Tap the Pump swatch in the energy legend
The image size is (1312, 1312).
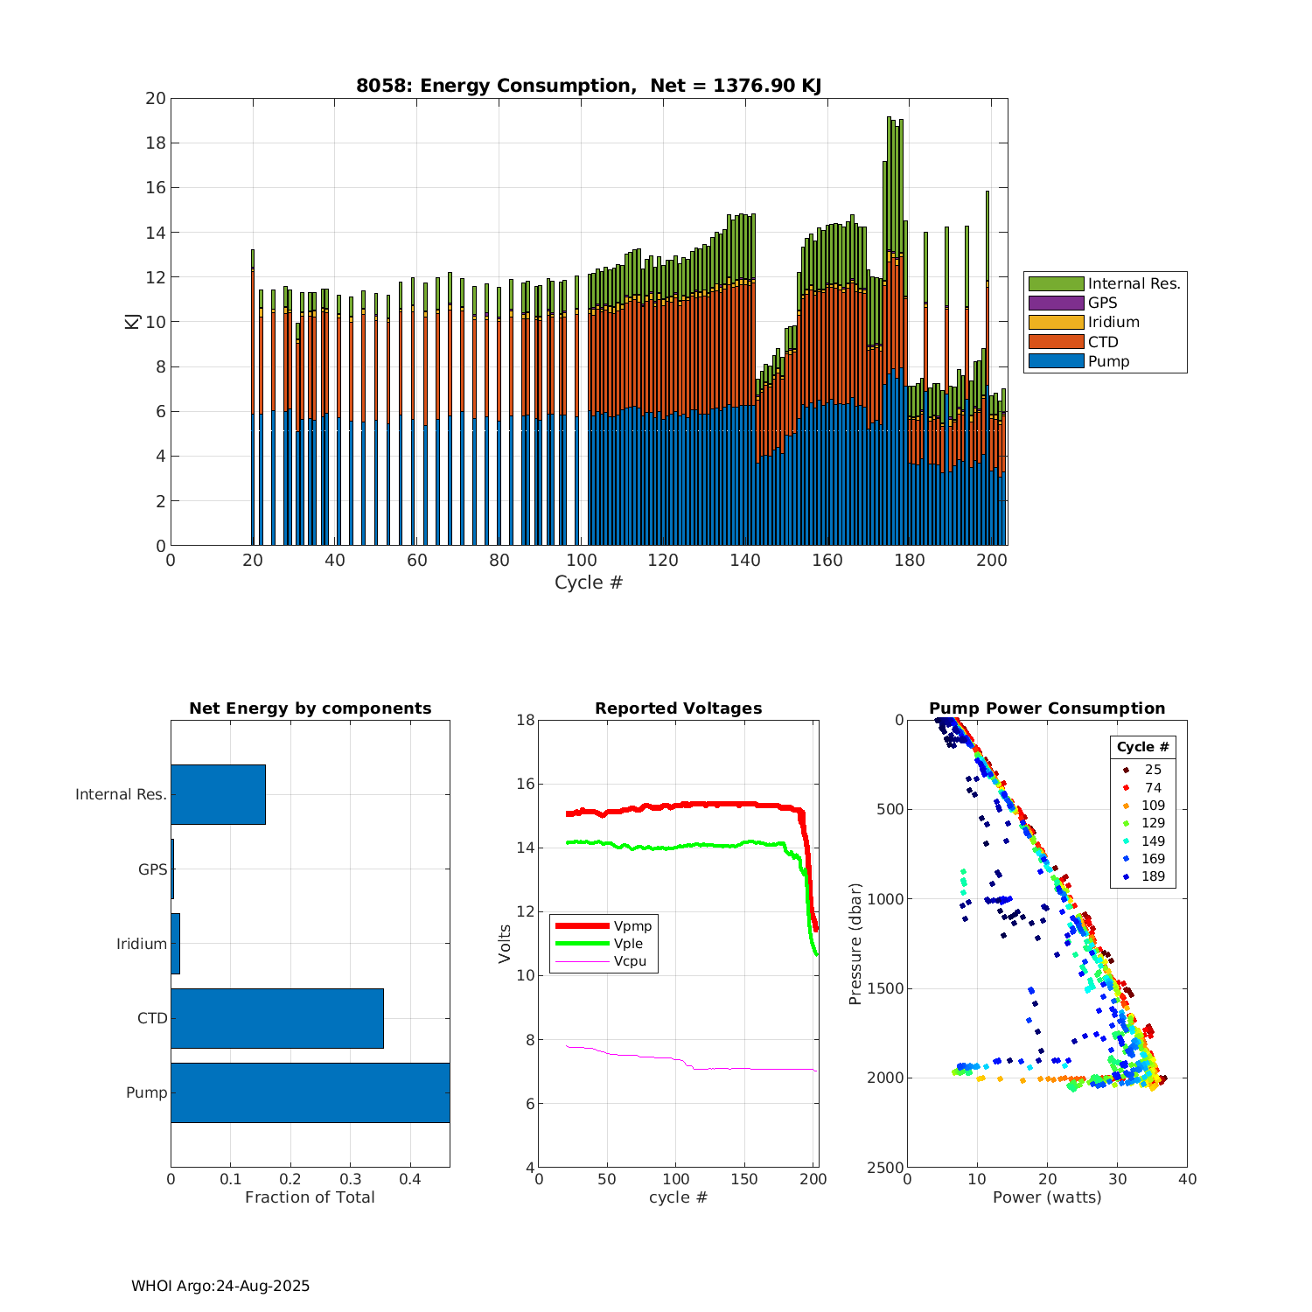pyautogui.click(x=1056, y=361)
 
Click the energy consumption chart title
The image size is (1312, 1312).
pyautogui.click(x=589, y=86)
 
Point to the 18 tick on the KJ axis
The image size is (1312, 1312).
pyautogui.click(x=156, y=143)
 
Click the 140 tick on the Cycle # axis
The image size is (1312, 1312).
pyautogui.click(x=745, y=561)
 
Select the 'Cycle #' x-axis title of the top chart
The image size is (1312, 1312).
pyautogui.click(x=589, y=583)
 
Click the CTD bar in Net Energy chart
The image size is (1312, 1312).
pyautogui.click(x=276, y=1018)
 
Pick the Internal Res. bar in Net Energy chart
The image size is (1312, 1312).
pyautogui.click(x=218, y=794)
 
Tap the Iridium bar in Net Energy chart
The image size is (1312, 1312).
pyautogui.click(x=175, y=944)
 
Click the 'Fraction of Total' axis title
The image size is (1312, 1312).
pyautogui.click(x=310, y=1197)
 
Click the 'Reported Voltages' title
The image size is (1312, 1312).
pyautogui.click(x=678, y=708)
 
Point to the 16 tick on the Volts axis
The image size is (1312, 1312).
pyautogui.click(x=524, y=784)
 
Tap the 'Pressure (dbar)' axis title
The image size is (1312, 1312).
pyautogui.click(x=855, y=944)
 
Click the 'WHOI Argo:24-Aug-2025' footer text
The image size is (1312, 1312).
pyautogui.click(x=220, y=1286)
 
